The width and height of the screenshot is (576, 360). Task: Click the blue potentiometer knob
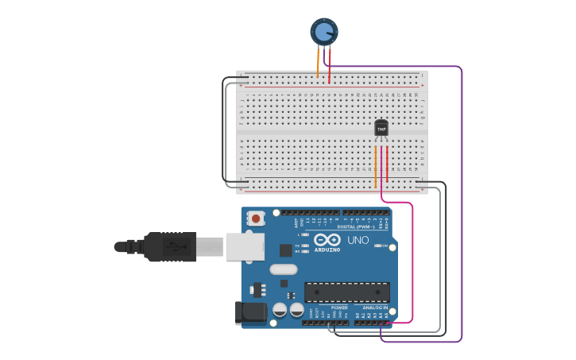tap(324, 32)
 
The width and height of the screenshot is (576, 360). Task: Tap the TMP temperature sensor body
tap(381, 128)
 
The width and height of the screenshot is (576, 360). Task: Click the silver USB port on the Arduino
tap(245, 246)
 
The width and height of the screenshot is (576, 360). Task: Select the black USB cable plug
tap(168, 246)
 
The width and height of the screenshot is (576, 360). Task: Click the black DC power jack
tap(252, 312)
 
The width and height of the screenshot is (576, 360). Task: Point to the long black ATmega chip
tap(347, 292)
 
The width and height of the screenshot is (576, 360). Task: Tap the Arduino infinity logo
tap(327, 240)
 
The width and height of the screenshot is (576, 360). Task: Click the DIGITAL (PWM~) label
tap(356, 226)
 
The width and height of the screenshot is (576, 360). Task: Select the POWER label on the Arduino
tap(339, 308)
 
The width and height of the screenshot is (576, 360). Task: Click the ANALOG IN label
tap(375, 308)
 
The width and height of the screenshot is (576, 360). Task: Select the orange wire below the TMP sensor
tap(376, 167)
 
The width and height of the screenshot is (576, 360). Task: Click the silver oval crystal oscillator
tap(284, 269)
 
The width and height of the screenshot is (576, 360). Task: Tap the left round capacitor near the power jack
tap(280, 310)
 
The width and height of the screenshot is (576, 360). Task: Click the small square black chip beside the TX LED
tap(285, 250)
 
